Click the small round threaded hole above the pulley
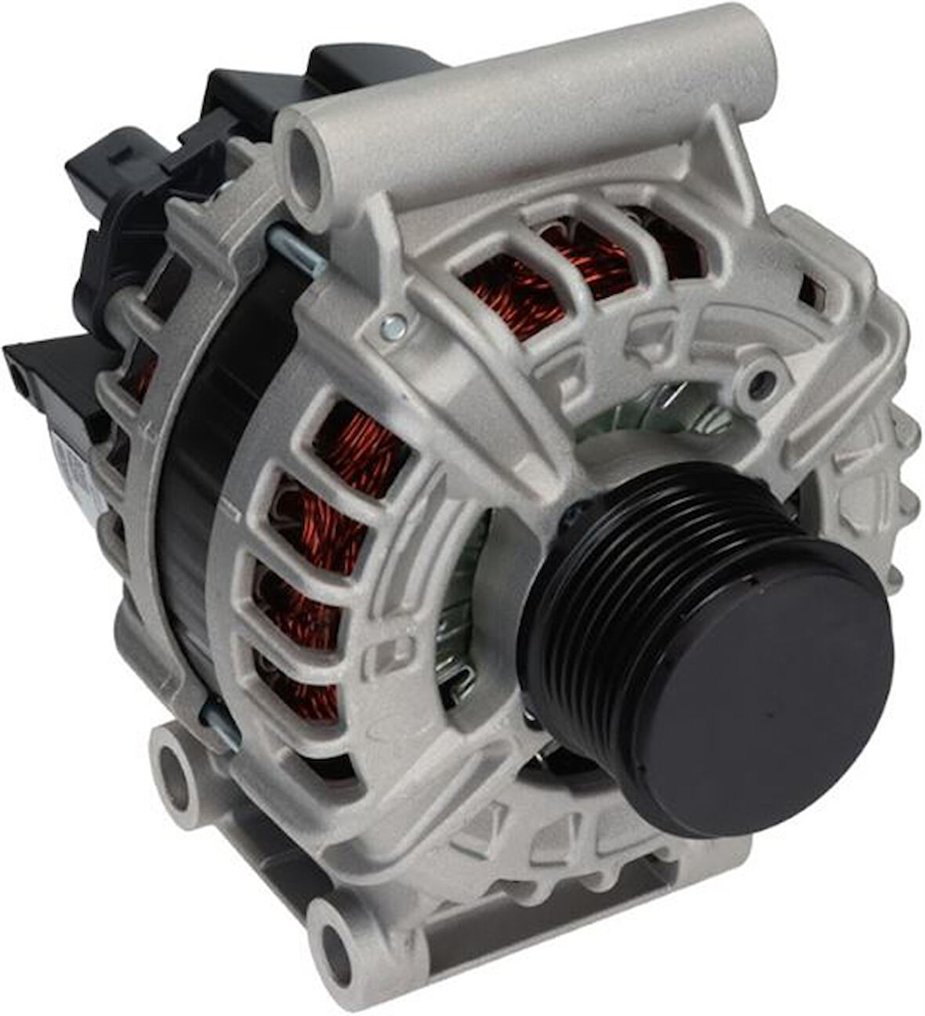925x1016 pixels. click(x=759, y=382)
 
